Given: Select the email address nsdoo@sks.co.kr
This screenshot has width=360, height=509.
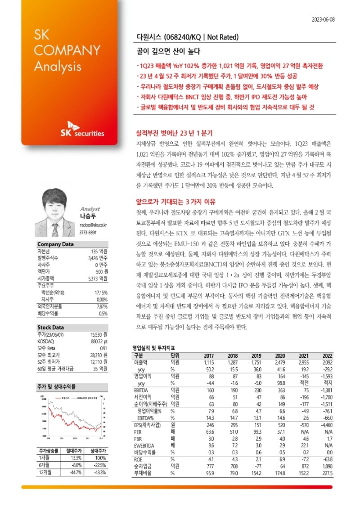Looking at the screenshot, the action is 93,224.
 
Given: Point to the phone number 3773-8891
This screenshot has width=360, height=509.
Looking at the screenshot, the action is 88,232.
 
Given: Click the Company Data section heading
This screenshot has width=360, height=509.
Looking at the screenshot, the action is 55,244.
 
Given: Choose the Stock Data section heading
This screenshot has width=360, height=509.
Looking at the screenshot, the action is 50,328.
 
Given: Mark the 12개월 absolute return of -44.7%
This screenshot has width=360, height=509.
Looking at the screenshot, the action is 75,472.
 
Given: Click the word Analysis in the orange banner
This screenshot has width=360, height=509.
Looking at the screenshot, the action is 58,66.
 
